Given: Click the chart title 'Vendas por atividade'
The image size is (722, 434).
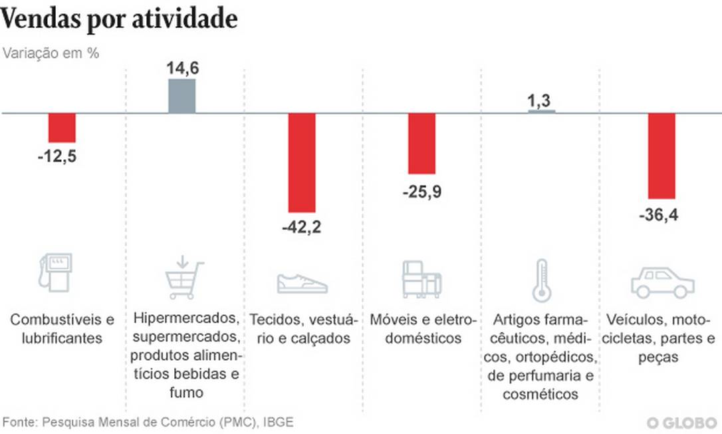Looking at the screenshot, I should point(120,19).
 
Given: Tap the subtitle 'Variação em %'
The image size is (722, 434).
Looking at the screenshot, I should point(51,54).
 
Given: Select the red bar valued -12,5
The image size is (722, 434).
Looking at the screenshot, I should point(62,128).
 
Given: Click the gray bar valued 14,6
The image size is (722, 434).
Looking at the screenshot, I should point(181,97).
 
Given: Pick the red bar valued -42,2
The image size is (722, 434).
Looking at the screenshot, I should point(302,163).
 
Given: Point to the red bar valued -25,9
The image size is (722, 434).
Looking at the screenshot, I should point(421,144).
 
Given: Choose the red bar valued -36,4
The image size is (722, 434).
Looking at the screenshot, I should point(662,156).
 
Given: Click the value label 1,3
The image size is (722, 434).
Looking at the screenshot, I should point(541,101).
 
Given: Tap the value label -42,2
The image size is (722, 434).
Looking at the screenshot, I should point(302,228).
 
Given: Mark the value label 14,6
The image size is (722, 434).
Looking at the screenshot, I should point(181,69).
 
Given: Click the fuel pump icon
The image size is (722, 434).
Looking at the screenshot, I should point(55,273).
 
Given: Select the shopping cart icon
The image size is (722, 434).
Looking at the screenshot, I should point(183,279).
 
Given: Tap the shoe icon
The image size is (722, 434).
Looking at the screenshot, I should point(302,282).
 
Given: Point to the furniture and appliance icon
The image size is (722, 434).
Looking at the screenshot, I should point(421,278).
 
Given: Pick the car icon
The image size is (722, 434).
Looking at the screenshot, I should point(662,283).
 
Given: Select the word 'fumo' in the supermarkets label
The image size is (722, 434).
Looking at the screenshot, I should point(185,393).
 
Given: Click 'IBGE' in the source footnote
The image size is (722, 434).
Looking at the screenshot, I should point(278,422).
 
